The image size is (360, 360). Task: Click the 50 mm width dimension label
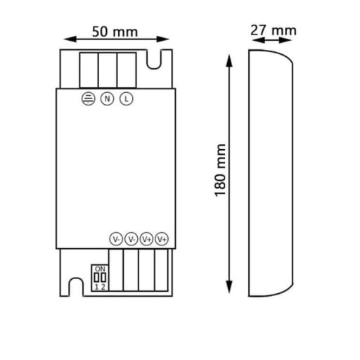coord(115,32)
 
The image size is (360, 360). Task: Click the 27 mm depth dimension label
coord(274,30)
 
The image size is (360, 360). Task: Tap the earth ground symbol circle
coord(89,98)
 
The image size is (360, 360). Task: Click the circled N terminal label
coord(108,98)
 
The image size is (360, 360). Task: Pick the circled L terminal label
coord(126,98)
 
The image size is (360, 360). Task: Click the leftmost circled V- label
coord(116,239)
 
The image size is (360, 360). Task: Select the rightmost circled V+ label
coord(162,239)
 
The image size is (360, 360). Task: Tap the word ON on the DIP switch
coord(99,269)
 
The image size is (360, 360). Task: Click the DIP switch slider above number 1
coord(96,277)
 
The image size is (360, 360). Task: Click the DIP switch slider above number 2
coord(103,277)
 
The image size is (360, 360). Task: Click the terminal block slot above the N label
coord(108,69)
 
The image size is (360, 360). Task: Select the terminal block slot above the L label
coord(126,69)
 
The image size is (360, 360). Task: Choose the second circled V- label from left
coord(131,239)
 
